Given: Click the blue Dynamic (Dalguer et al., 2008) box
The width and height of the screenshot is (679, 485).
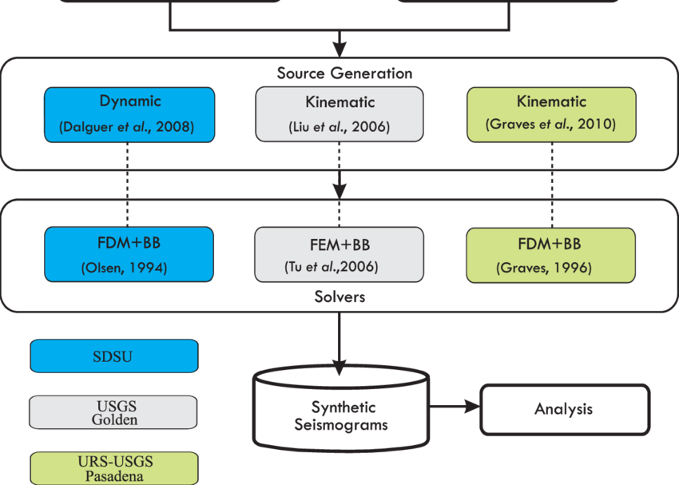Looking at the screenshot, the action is point(129,115).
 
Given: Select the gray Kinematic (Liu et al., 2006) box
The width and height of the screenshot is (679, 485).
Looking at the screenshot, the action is point(339,114).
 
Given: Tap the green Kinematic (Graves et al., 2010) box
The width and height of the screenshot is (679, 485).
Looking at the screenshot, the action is point(551,114).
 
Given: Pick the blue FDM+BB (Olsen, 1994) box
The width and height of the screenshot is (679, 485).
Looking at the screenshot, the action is point(129,255).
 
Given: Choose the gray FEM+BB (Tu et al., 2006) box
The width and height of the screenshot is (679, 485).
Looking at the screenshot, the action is point(339,255).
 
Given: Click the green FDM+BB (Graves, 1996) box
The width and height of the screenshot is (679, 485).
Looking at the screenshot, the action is point(551,255).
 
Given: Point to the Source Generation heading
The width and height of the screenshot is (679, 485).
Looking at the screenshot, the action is point(345,74).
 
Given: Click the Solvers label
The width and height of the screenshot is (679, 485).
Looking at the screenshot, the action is point(340,296).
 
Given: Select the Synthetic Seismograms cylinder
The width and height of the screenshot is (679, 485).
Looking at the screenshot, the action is point(341,409).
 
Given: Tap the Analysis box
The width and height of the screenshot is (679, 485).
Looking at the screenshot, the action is point(565,409).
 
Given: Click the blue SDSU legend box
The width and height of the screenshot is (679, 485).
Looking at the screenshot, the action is point(114,356).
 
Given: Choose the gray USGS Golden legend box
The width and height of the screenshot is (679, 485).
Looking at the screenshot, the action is point(113,412).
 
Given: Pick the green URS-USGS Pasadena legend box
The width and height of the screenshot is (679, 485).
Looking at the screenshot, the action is point(114,468).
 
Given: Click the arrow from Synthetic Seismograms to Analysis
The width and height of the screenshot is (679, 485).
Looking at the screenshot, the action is point(455,407).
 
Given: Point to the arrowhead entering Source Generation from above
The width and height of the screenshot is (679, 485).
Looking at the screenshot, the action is point(339,50).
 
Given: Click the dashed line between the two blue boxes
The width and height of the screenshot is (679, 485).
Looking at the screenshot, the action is point(127,185).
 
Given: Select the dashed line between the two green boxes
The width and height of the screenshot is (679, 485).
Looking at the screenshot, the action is point(552,185).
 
